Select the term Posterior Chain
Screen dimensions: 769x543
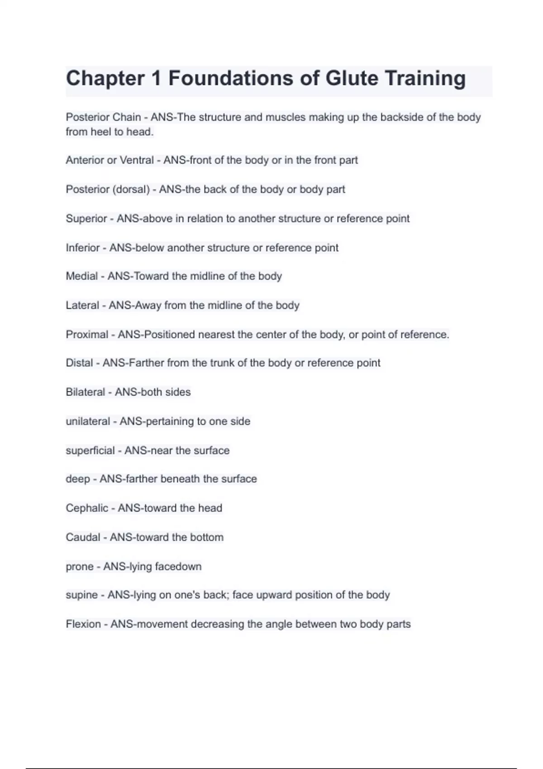103,117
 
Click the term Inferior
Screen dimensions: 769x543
83,248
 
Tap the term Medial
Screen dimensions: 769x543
81,276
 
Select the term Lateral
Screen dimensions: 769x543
82,305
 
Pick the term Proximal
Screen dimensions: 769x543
87,335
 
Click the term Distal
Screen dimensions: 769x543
80,363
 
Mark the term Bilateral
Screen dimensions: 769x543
86,392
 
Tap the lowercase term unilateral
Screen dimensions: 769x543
88,422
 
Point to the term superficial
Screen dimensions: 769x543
90,451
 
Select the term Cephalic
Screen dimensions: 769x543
87,508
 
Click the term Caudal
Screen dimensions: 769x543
83,537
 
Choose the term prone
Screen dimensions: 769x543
80,567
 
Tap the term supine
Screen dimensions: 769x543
81,595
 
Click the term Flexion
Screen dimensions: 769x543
83,624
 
